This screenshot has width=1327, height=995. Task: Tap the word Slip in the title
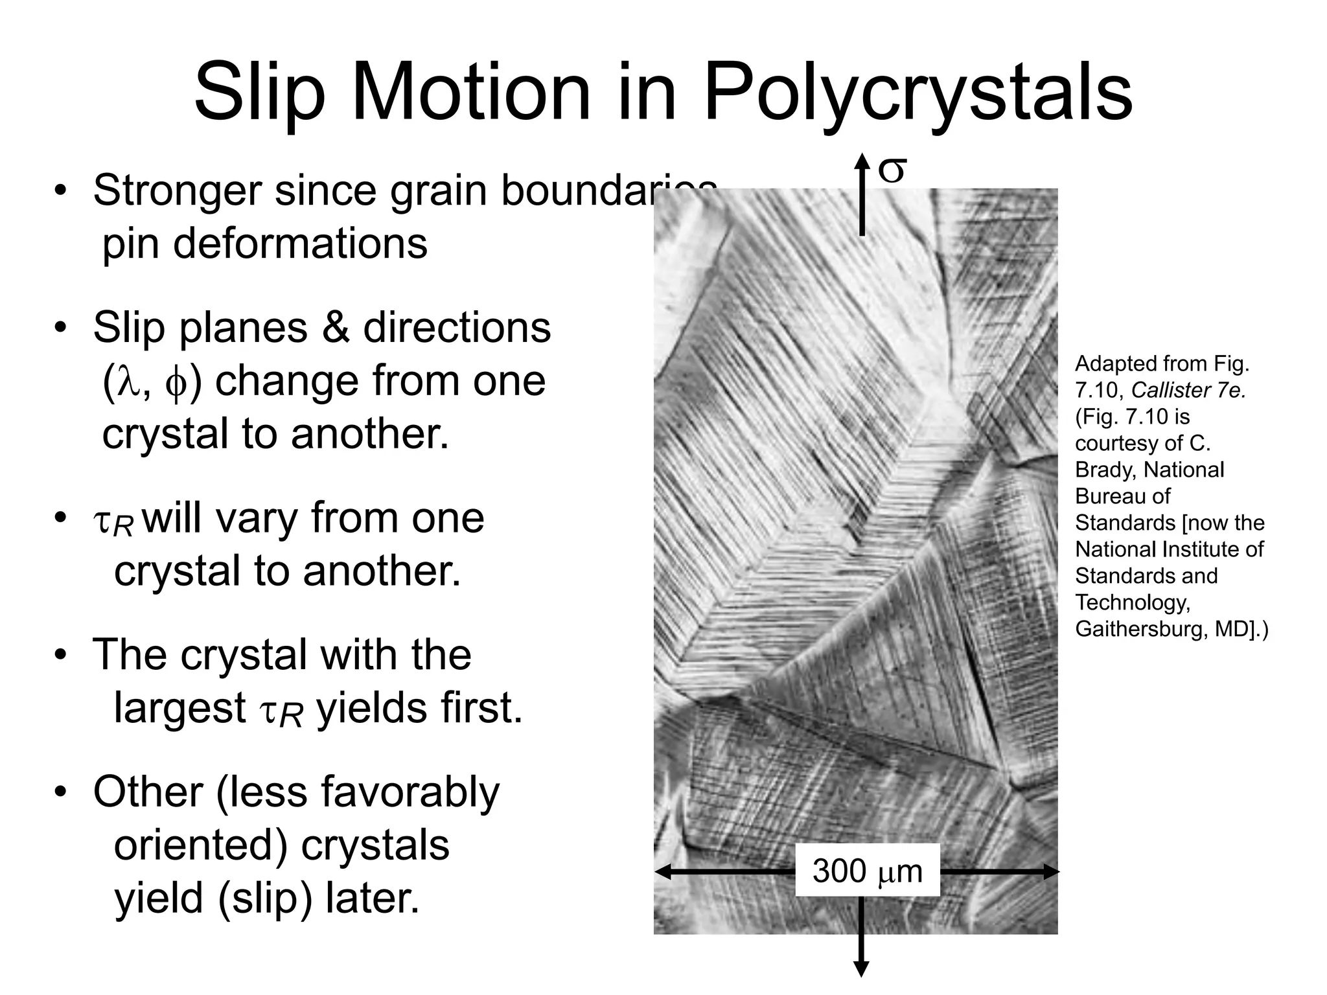[259, 94]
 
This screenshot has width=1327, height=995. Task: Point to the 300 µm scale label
[867, 871]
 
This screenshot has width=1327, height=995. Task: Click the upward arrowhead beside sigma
[861, 162]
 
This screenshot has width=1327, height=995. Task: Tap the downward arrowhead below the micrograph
[861, 969]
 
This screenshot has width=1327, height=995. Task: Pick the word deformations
[265, 244]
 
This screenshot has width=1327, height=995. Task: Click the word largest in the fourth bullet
[179, 708]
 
